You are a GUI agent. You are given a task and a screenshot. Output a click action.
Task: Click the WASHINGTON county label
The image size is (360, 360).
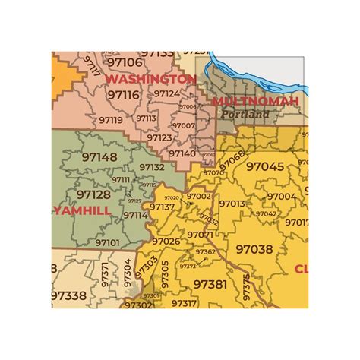(x=150, y=78)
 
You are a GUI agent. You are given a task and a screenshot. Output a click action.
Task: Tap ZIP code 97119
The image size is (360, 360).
(x=110, y=119)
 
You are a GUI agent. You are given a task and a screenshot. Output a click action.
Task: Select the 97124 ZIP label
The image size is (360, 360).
(x=166, y=93)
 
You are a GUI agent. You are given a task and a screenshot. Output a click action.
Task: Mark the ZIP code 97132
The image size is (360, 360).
(x=151, y=167)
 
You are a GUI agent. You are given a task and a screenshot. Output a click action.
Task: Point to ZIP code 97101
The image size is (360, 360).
(x=107, y=242)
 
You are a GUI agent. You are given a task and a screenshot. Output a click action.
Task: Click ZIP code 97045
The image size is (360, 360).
(x=264, y=166)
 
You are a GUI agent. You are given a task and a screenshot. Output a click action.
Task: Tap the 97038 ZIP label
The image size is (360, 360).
(x=254, y=248)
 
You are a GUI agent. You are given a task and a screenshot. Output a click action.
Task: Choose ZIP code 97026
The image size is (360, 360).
(x=166, y=241)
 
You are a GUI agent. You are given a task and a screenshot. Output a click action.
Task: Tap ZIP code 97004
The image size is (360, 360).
(x=282, y=196)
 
